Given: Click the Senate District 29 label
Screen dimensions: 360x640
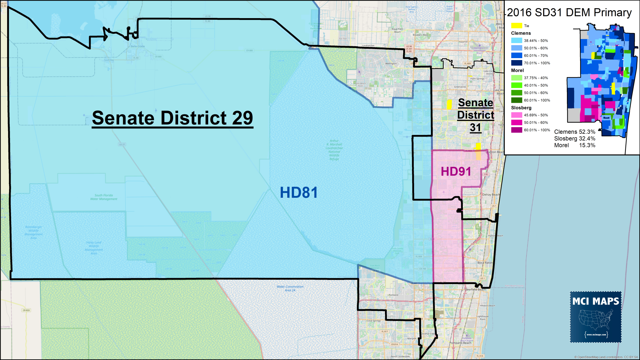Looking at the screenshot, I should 172,118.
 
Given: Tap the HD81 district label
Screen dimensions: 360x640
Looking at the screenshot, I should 299,192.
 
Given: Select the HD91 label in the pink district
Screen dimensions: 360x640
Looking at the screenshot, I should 456,172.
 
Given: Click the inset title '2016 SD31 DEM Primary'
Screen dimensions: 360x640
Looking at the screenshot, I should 569,12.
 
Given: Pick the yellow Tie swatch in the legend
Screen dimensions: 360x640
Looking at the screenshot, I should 517,26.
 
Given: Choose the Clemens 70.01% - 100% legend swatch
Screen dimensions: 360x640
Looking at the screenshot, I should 517,63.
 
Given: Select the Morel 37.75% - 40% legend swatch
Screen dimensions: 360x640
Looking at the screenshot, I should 517,78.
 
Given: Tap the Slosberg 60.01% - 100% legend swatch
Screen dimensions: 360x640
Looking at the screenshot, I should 517,130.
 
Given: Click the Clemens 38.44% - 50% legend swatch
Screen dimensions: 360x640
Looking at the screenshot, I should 517,41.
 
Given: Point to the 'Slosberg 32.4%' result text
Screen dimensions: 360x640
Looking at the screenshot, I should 574,138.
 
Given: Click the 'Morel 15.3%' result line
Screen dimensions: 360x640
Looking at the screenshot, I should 574,145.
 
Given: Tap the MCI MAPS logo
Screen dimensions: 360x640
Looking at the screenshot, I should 596,317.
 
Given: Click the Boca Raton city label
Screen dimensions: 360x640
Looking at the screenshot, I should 485,263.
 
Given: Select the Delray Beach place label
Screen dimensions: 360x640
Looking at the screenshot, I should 491,195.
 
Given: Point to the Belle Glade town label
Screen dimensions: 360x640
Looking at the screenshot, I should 138,46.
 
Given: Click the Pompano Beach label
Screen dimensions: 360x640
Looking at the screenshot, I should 460,343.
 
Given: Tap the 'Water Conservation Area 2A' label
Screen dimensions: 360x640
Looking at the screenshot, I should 290,288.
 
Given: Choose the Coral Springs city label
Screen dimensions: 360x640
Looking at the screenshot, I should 374,321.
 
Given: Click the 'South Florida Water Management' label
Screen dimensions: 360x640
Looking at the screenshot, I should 104,197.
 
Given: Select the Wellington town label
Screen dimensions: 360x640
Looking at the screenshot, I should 391,63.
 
